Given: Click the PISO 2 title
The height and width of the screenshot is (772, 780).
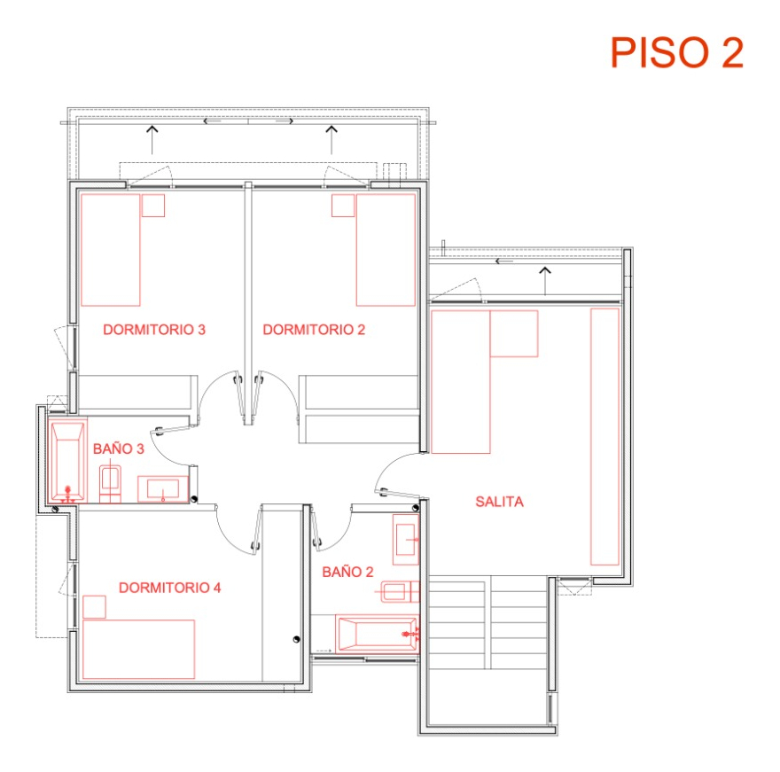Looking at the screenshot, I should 676,53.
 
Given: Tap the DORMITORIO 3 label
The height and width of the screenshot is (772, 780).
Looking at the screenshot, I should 154,330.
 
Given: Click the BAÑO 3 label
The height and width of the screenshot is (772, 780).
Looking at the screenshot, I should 118,449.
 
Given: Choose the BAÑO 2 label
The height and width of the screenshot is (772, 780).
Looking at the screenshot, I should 347,573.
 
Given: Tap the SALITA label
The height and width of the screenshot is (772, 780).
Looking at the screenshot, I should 499,502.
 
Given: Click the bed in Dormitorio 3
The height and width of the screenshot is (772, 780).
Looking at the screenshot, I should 111,250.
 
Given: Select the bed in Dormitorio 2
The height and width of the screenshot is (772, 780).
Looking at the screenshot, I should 386,250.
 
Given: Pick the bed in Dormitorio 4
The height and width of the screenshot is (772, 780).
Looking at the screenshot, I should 138,650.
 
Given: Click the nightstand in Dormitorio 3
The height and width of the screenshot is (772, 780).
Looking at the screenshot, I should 153,206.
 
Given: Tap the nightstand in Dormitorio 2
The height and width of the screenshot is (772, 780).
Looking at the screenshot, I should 343,206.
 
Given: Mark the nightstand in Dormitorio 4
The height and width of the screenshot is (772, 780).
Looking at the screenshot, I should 93,607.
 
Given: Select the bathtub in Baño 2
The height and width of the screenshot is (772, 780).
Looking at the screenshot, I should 378,634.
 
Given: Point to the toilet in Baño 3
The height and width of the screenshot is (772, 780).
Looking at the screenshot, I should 111,482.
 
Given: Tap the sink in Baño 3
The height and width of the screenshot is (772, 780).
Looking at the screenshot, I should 164,488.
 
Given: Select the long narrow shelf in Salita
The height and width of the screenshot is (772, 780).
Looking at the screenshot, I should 604,436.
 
